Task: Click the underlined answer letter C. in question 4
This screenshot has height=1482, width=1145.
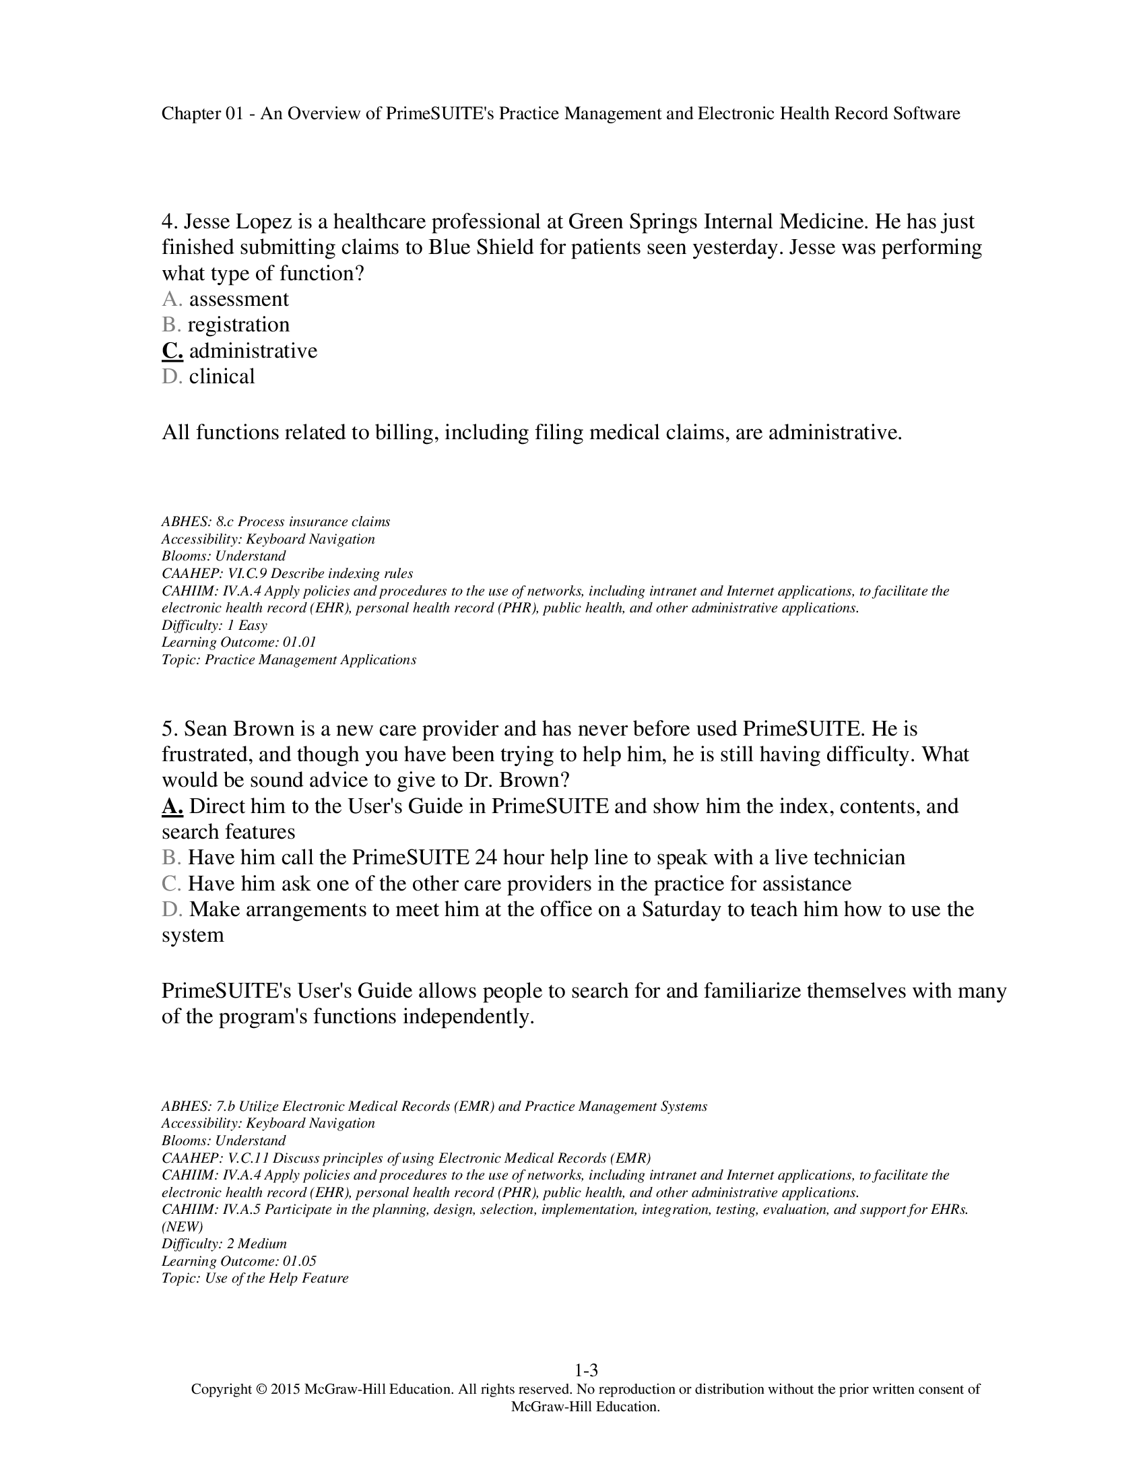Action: coord(172,351)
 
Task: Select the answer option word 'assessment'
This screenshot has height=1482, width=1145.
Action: coord(239,299)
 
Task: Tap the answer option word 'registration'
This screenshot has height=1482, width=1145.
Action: coord(239,325)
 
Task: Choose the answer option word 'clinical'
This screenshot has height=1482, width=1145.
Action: coord(222,377)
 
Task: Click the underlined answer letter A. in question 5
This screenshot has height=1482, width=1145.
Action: coord(172,806)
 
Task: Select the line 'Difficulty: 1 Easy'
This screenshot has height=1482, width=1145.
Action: coord(214,625)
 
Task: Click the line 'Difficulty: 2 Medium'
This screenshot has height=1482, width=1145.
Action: coord(224,1244)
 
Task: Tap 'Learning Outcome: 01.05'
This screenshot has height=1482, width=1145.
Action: coord(239,1261)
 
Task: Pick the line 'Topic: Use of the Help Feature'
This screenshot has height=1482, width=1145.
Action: coord(255,1278)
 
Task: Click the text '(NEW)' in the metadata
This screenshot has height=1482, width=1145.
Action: coord(182,1226)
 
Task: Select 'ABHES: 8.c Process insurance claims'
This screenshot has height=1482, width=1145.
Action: coord(275,522)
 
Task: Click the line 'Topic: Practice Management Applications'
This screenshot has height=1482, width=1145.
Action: coord(289,659)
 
